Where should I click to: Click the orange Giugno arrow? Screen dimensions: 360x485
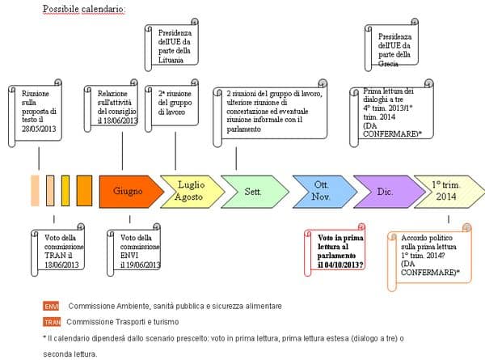(125, 192)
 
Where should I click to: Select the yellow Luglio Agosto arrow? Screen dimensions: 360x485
(188, 192)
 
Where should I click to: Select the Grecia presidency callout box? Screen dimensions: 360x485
(394, 47)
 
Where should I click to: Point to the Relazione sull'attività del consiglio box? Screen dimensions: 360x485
(112, 110)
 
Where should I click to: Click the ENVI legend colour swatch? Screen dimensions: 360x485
(52, 306)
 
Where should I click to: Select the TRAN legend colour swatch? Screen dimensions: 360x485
(52, 321)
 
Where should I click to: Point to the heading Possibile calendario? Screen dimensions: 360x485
(84, 9)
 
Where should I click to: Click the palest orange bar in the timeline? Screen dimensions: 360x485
(35, 192)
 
